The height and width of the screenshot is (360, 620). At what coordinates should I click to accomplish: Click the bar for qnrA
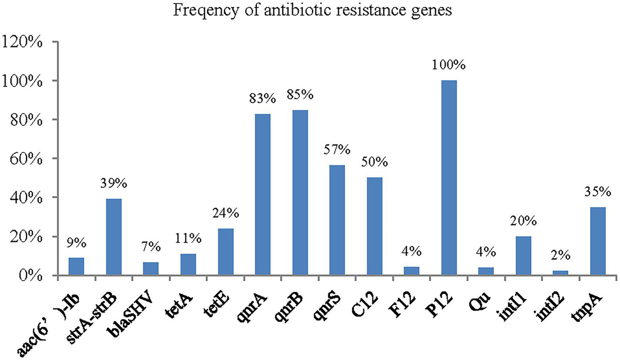point(263,195)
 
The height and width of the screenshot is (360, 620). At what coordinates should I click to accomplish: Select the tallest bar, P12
point(449,178)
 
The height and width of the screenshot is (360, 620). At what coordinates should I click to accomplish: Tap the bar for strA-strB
point(113,237)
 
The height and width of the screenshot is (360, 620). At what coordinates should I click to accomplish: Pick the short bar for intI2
point(560,273)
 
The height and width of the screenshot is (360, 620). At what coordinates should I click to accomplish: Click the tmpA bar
point(597,241)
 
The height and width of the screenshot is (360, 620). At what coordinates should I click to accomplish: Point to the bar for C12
point(374,226)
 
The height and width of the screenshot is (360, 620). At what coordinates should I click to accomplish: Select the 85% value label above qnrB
point(300,95)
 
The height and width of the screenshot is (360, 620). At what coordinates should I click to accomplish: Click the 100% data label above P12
point(449,65)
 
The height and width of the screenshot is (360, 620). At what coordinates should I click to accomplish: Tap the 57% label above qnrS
point(337,149)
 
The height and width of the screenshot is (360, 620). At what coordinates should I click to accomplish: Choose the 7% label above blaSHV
point(151,246)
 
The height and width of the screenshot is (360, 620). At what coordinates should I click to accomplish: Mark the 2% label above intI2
point(560,255)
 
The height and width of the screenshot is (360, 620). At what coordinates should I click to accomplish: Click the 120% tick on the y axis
point(22,42)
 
